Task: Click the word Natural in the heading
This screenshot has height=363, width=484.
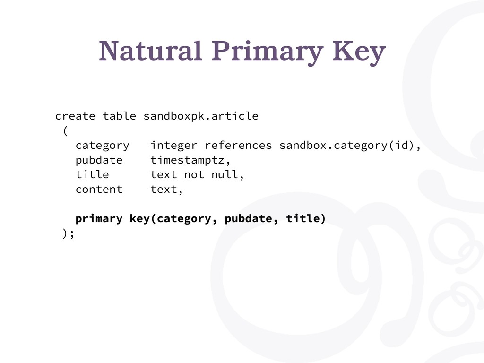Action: [x=150, y=51]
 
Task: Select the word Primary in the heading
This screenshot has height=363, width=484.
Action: [x=268, y=53]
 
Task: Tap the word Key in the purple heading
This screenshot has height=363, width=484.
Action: [x=359, y=53]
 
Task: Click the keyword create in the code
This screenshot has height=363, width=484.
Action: [x=75, y=116]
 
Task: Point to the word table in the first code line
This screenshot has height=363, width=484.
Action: [x=120, y=116]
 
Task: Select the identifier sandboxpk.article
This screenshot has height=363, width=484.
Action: [x=201, y=116]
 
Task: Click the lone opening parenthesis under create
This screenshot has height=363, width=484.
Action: [x=65, y=130]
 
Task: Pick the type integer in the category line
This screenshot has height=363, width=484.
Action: [x=174, y=146]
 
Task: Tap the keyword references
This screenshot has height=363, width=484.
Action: [x=238, y=146]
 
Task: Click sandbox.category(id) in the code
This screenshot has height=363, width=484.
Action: [x=346, y=146]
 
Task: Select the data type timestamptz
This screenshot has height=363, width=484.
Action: [x=187, y=160]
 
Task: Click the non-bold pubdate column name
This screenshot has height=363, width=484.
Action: [x=99, y=160]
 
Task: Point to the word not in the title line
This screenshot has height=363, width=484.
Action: [x=194, y=175]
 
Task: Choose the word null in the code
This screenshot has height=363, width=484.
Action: [x=225, y=174]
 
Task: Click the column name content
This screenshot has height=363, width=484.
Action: [x=99, y=190]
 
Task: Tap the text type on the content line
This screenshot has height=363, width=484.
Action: [x=164, y=190]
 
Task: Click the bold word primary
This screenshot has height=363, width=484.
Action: [x=99, y=219]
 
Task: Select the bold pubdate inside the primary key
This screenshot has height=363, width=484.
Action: [x=249, y=218]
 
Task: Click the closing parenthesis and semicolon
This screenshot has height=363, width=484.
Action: [x=68, y=233]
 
